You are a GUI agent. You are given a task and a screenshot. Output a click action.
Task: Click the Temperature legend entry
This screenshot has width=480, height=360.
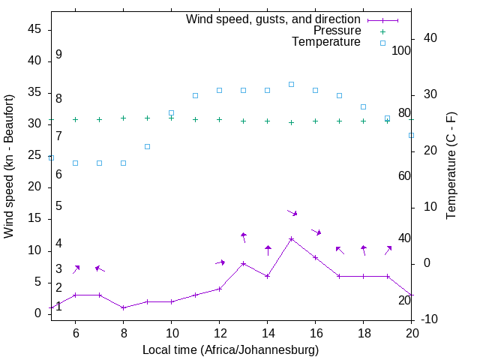[x=326, y=43]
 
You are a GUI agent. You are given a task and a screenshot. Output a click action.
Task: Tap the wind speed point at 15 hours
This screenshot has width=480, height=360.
[x=291, y=238]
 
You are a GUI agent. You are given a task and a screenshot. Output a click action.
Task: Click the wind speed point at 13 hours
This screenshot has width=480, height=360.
[x=243, y=263]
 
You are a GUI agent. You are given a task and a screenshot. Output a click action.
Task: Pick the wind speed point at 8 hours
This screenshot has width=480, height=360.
[x=123, y=307]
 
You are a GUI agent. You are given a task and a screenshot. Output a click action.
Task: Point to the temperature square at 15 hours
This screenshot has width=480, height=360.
[x=291, y=84]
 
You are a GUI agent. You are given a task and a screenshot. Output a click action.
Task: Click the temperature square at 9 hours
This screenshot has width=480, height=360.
[x=147, y=146]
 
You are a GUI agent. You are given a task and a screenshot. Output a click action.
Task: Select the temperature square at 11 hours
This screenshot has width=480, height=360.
[x=195, y=95]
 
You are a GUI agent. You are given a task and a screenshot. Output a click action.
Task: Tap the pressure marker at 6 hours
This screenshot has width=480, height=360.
[x=75, y=119]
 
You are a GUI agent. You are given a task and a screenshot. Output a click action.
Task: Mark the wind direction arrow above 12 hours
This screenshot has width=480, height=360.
[x=220, y=262]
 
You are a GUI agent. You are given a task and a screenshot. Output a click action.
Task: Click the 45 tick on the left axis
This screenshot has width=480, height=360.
[x=34, y=28]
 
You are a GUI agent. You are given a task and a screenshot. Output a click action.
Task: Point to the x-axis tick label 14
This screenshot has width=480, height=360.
[x=267, y=332]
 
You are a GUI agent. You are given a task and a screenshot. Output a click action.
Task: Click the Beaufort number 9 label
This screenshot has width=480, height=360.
[x=58, y=55]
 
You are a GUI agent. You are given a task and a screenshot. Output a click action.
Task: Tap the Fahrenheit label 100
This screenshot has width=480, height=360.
[x=401, y=50]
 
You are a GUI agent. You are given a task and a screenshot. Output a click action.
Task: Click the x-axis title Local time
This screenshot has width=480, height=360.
[x=230, y=349]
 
